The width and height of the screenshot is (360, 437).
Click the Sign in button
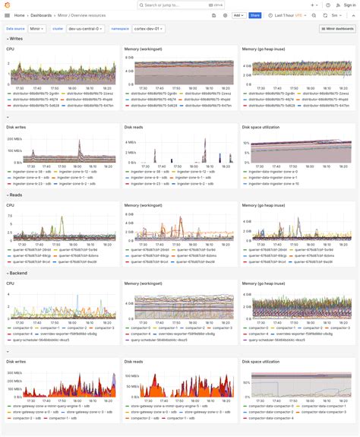point(346,5)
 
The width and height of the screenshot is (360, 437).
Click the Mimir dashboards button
point(336,28)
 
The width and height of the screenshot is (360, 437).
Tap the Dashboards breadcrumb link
point(41,15)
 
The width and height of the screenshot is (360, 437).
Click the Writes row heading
point(15,38)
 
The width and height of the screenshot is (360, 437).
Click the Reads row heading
point(15,195)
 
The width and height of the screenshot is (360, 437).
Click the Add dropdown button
point(238,15)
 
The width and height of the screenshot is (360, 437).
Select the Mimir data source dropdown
point(38,28)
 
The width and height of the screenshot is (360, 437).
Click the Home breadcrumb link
point(19,15)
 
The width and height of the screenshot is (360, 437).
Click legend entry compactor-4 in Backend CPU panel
point(23,333)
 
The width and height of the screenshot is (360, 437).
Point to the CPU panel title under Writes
point(10,49)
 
